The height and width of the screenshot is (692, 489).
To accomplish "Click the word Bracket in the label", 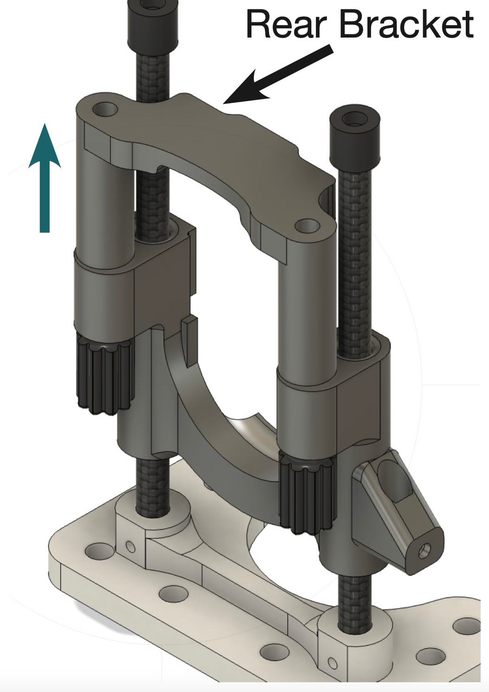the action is (406, 24).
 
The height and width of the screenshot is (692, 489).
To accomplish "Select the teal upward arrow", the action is (45, 178).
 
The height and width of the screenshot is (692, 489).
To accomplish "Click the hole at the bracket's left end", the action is (105, 109).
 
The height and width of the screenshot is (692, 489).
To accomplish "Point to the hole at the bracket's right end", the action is (307, 226).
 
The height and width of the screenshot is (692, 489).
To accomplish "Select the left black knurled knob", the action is (105, 375).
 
